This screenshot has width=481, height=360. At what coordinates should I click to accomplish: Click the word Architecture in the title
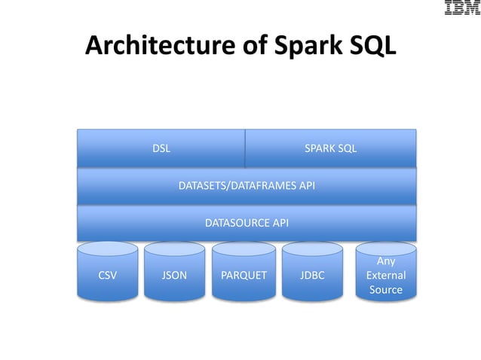click(158, 47)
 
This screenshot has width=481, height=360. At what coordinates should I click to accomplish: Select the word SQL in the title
click(368, 47)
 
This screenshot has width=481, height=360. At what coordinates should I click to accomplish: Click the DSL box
click(161, 148)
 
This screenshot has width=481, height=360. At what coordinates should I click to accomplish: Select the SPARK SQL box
click(330, 148)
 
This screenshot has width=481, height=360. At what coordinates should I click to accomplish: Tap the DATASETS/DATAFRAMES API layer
click(247, 185)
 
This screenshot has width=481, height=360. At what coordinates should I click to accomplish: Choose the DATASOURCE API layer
click(247, 222)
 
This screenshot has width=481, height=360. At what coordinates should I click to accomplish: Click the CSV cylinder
click(108, 275)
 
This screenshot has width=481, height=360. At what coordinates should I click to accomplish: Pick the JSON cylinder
click(174, 275)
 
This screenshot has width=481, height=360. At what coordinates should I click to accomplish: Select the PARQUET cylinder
click(244, 275)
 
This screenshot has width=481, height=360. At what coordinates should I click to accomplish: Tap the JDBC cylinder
click(311, 275)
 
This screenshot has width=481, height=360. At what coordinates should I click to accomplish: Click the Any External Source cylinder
click(385, 275)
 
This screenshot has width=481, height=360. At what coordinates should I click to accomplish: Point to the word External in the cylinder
click(385, 276)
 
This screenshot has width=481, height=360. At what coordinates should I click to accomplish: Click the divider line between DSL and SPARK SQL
click(245, 148)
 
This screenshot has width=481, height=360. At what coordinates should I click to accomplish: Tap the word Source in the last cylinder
click(385, 290)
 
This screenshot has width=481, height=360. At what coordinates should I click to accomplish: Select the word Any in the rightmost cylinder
click(385, 261)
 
